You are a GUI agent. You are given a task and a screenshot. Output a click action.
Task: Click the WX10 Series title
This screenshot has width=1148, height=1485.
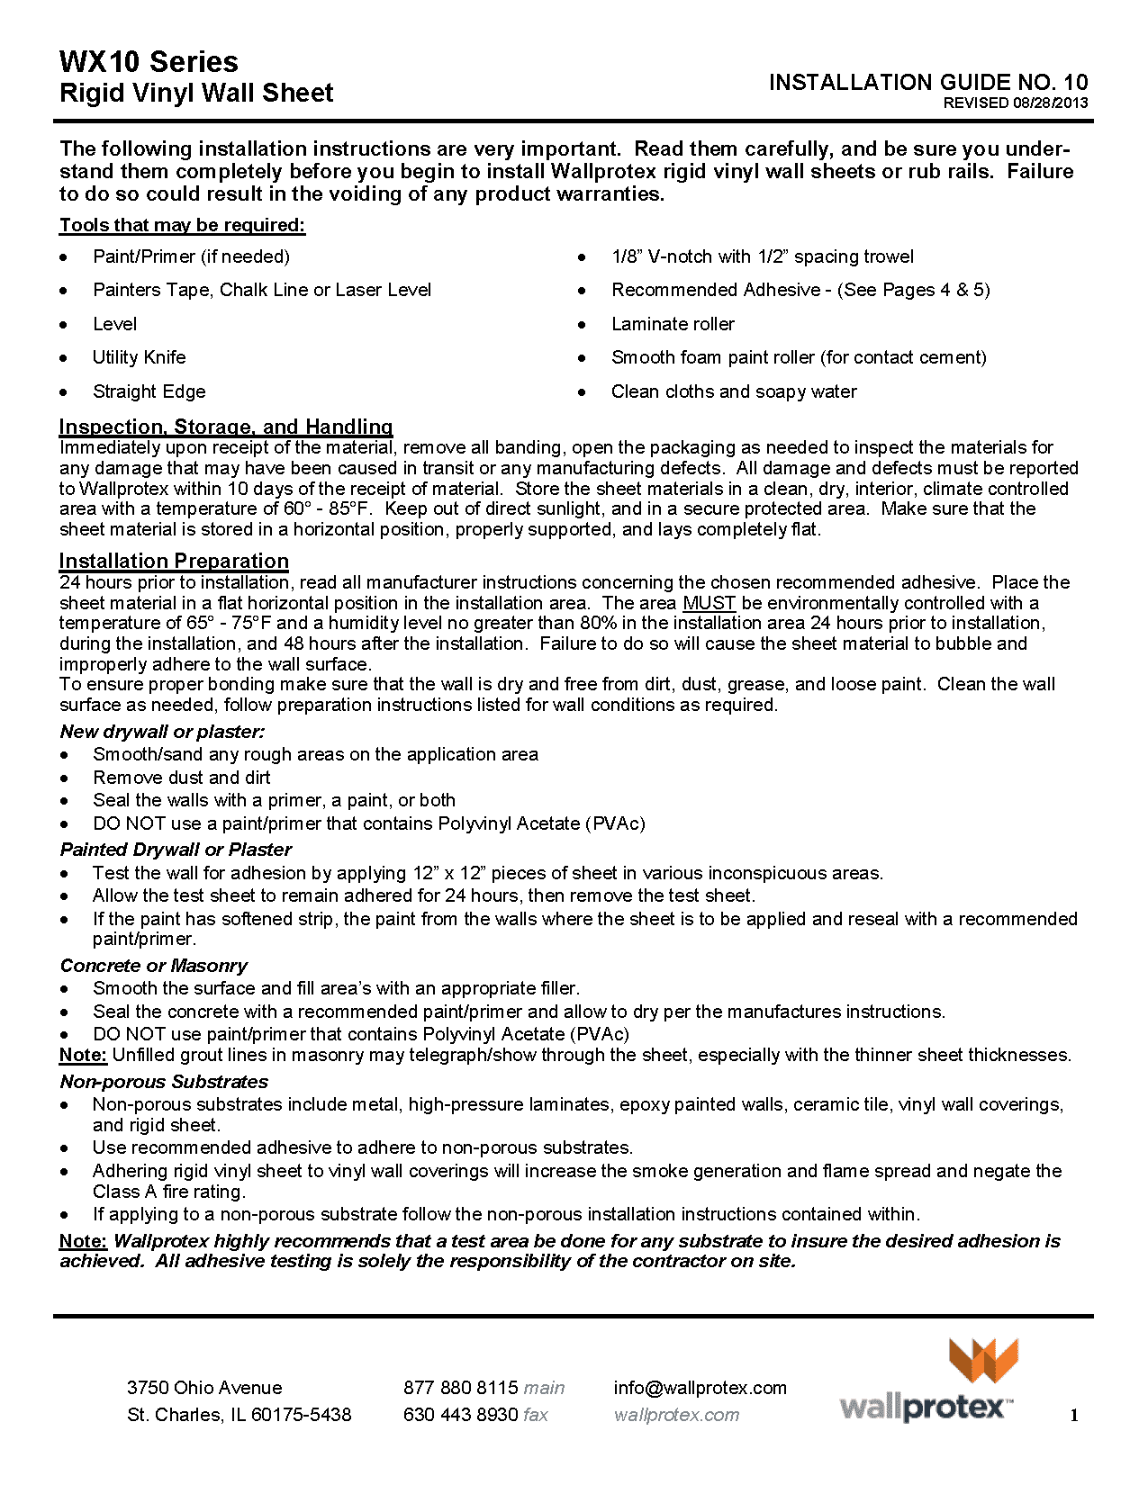pos(149,61)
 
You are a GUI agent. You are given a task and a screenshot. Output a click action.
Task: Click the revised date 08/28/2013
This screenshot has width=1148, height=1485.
pos(1050,103)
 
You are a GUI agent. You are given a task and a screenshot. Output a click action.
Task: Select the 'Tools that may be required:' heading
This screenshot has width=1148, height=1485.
pos(183,225)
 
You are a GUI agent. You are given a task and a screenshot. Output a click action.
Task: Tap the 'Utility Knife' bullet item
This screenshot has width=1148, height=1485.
pos(140,357)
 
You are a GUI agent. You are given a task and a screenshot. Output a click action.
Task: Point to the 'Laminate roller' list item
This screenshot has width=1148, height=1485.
pos(673,324)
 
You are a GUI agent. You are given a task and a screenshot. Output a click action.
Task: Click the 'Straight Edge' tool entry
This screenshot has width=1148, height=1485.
pos(149,391)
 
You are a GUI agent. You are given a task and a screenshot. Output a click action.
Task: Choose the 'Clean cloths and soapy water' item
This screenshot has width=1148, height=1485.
pos(734,391)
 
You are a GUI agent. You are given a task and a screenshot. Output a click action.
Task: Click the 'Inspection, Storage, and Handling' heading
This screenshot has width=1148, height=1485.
pos(226,427)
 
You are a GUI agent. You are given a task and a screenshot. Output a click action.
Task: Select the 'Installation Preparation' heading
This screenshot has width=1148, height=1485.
pos(174,561)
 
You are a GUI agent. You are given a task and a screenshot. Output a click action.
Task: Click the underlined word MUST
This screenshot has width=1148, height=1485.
pos(710,603)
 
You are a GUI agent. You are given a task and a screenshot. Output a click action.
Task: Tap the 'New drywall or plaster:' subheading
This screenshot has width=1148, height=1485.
pos(162,732)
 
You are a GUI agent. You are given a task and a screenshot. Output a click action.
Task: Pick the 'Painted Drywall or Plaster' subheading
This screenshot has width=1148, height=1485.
pos(176,850)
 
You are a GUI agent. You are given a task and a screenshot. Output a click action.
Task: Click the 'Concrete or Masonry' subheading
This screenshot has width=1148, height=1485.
pos(154,966)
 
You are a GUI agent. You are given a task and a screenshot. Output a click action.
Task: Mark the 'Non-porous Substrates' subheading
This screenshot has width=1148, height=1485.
pos(164,1082)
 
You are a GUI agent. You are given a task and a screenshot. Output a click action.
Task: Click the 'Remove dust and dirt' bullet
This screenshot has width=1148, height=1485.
pos(181,778)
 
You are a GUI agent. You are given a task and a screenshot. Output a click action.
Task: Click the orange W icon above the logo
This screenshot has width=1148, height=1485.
pos(983,1360)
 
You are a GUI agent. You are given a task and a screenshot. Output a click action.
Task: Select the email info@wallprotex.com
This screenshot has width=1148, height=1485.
pos(700,1388)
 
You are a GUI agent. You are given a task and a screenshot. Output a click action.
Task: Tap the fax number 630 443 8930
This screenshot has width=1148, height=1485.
pos(460,1415)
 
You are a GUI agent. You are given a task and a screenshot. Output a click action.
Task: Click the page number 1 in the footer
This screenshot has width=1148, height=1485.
pos(1074,1416)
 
